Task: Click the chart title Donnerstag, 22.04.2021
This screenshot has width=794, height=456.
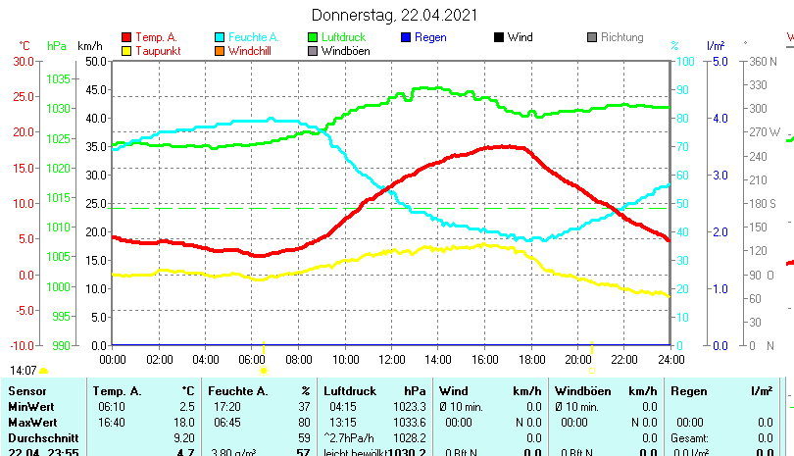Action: pyautogui.click(x=395, y=15)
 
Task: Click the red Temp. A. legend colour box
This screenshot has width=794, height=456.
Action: pyautogui.click(x=126, y=37)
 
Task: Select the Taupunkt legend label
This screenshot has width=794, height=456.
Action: pyautogui.click(x=157, y=51)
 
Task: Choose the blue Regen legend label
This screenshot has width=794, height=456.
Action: pyautogui.click(x=430, y=37)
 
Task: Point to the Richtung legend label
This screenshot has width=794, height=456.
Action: pyautogui.click(x=622, y=37)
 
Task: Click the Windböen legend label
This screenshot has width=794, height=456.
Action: pyautogui.click(x=346, y=51)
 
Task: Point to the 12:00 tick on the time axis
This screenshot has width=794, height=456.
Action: pyautogui.click(x=391, y=359)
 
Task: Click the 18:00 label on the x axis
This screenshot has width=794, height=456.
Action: pyautogui.click(x=531, y=359)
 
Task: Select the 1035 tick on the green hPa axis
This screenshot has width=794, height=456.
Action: pyautogui.click(x=59, y=78)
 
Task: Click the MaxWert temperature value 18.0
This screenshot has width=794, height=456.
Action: pyautogui.click(x=184, y=422)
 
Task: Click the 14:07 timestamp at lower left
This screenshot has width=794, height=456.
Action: pyautogui.click(x=24, y=371)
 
